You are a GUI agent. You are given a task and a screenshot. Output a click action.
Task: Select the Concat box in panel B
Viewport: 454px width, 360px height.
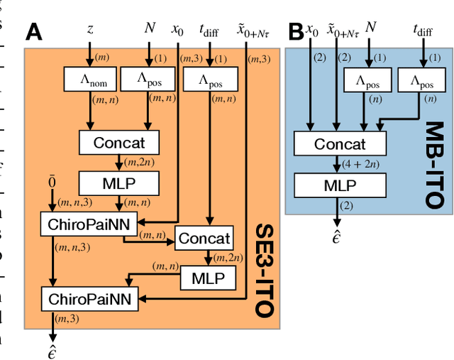339,144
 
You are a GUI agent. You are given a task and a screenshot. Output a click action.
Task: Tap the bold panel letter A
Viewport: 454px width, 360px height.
33,33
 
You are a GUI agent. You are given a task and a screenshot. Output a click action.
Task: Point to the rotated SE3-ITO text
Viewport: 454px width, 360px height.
264,269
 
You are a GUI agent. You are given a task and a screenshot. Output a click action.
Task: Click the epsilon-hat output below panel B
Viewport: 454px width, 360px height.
338,237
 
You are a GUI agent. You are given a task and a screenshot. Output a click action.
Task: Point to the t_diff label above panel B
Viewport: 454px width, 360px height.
423,30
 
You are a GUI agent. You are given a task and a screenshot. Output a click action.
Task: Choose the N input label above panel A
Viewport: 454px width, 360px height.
150,28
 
